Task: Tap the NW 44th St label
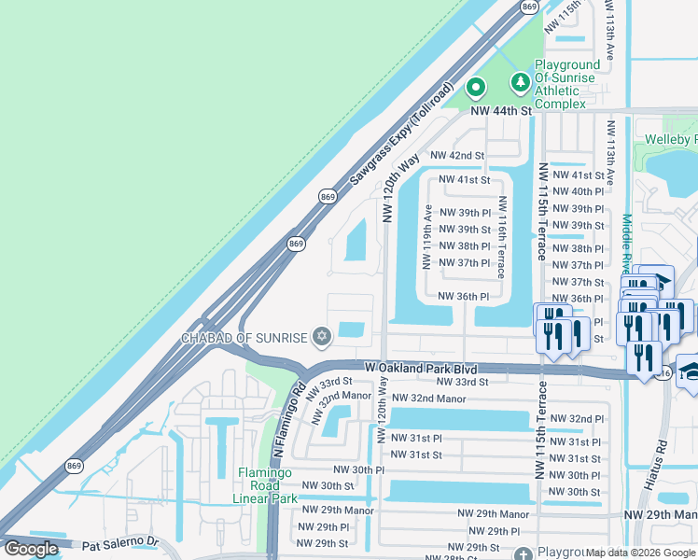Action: click(x=500, y=110)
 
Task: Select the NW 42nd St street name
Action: click(x=457, y=155)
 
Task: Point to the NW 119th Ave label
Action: click(x=426, y=236)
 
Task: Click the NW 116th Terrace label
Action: click(x=502, y=237)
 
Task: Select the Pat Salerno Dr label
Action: click(x=121, y=541)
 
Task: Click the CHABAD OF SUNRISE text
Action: click(x=244, y=337)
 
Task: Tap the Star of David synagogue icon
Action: click(x=323, y=336)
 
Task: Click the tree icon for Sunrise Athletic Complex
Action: click(x=519, y=84)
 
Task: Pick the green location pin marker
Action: click(x=476, y=88)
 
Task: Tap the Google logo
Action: click(x=31, y=549)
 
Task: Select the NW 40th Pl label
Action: click(x=578, y=191)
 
